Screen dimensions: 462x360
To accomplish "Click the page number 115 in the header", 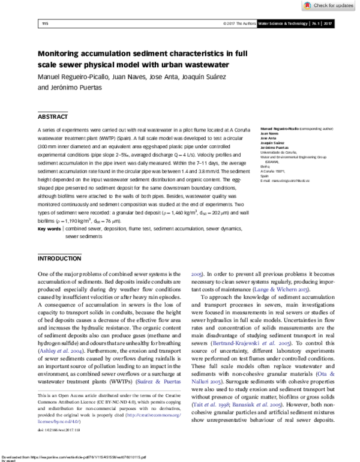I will click(44, 24).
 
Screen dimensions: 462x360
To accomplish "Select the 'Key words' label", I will click(49, 229).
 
